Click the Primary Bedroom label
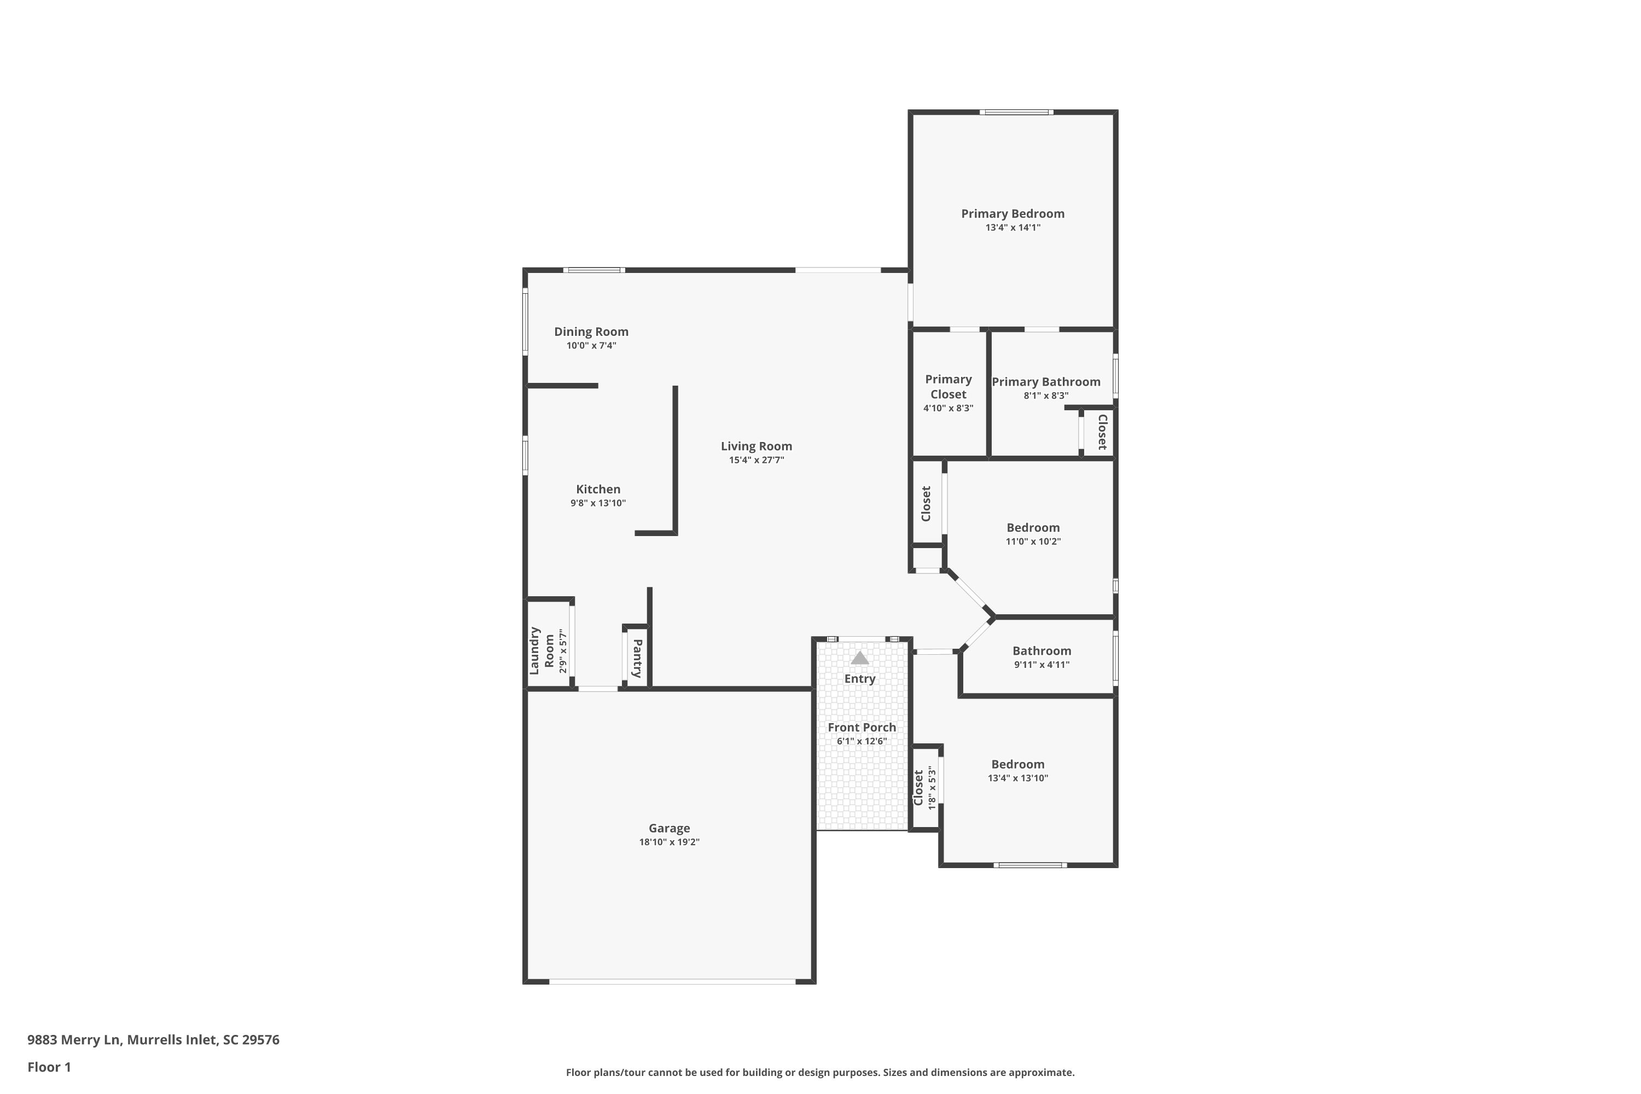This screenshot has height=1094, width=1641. point(1012,213)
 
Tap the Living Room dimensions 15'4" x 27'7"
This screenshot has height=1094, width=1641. point(757,460)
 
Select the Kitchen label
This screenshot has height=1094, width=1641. point(598,489)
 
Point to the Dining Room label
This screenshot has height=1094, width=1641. point(591,331)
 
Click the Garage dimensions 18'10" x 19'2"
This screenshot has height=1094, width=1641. point(669,842)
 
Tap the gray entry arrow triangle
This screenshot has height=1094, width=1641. point(859,658)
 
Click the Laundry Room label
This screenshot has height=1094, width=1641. point(542,650)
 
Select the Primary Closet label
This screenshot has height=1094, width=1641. point(948,387)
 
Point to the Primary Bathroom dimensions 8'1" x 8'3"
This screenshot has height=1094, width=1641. point(1046,395)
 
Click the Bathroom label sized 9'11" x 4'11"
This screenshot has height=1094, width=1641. point(1041,651)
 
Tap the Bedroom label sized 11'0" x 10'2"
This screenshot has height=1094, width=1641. point(1033,527)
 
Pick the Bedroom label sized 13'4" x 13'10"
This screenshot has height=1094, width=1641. point(1017,764)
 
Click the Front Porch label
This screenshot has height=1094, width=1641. point(862,727)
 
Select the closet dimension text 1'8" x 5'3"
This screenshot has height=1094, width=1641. point(932,788)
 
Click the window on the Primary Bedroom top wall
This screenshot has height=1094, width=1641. point(1015,112)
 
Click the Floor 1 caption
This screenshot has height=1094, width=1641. point(49,1067)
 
